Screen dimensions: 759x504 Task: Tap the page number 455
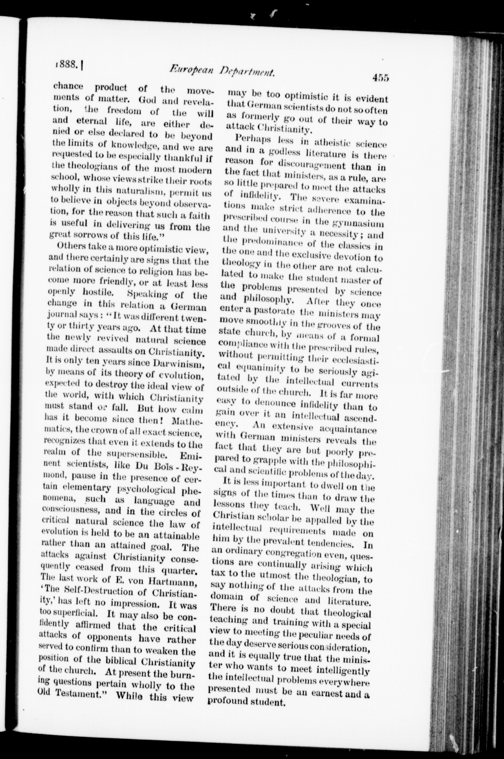381,78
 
